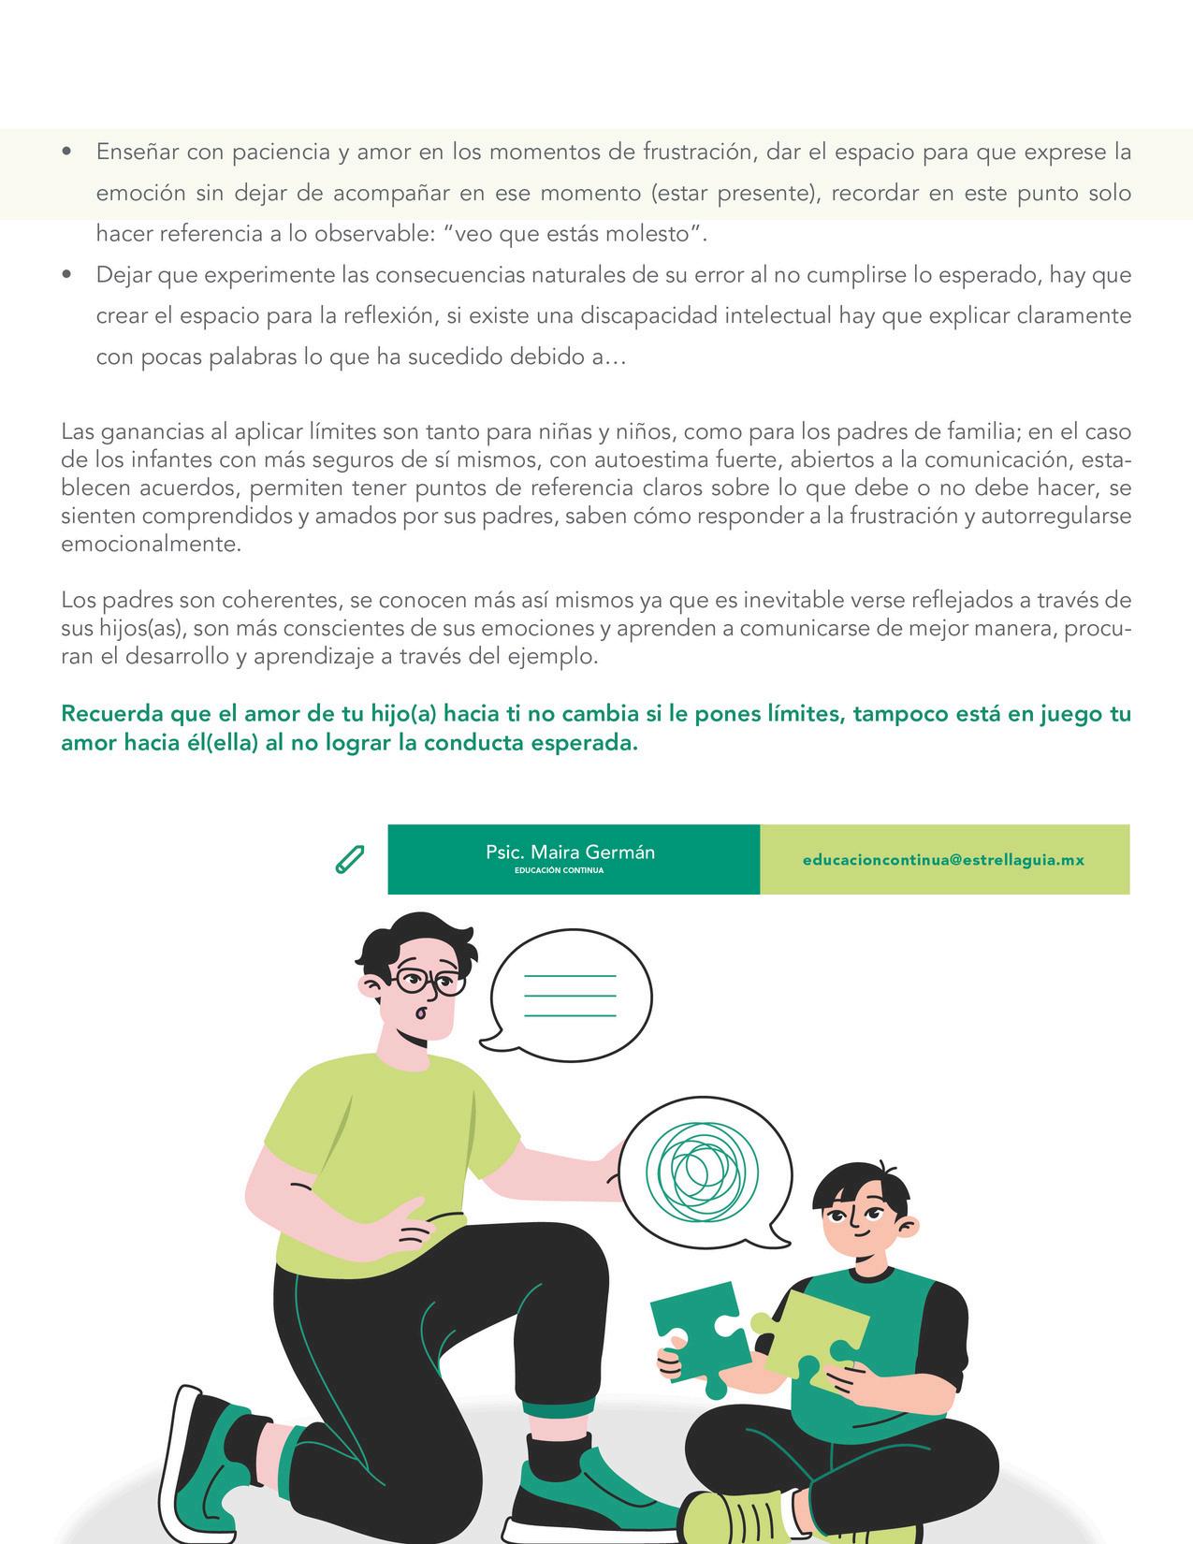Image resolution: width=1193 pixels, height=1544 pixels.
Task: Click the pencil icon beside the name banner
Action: (x=349, y=859)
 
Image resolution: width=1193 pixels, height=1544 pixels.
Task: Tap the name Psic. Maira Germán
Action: (x=570, y=852)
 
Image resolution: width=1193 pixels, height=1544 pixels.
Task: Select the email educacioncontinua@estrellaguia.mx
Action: (x=943, y=859)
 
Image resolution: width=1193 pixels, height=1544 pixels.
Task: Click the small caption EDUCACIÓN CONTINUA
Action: (x=559, y=870)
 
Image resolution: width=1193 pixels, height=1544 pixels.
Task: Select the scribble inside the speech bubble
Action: (x=693, y=1166)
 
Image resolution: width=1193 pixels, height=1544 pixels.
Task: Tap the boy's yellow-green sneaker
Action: (x=739, y=1514)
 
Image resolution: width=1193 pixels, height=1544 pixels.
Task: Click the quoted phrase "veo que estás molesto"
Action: (x=572, y=234)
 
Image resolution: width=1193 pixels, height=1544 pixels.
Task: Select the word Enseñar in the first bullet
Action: (x=136, y=152)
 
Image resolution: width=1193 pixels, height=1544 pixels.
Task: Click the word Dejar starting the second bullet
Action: (x=124, y=275)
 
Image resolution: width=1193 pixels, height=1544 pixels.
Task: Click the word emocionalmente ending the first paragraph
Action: (x=150, y=545)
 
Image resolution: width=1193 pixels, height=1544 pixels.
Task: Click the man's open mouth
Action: (x=420, y=1013)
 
